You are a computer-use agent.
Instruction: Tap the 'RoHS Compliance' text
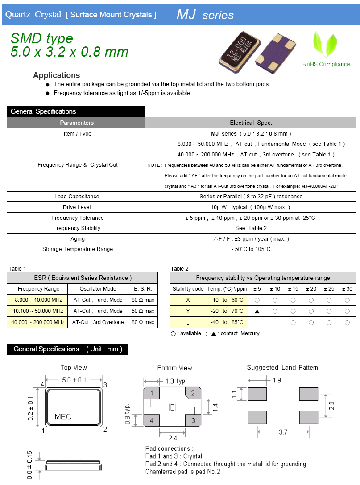(x=326, y=64)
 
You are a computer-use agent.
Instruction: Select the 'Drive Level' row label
(x=77, y=207)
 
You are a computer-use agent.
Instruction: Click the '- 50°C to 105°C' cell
(x=251, y=249)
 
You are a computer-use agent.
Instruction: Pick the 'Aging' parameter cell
(x=77, y=239)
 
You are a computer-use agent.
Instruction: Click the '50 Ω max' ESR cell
(x=143, y=311)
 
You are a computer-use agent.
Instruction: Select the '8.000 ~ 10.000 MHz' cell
(x=38, y=300)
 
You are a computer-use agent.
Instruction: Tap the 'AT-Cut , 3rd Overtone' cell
(x=98, y=322)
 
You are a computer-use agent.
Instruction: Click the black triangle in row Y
(x=257, y=311)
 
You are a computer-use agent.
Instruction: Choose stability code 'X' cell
(x=188, y=300)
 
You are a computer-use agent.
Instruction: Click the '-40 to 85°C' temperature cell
(x=227, y=322)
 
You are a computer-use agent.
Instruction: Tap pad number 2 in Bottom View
(x=193, y=393)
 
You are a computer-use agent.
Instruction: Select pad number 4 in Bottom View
(x=152, y=420)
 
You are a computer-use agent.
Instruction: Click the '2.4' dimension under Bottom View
(x=172, y=438)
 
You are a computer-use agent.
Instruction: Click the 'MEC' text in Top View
(x=63, y=417)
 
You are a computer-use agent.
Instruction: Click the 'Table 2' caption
(x=179, y=268)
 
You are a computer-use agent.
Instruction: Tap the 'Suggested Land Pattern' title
(x=282, y=367)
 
